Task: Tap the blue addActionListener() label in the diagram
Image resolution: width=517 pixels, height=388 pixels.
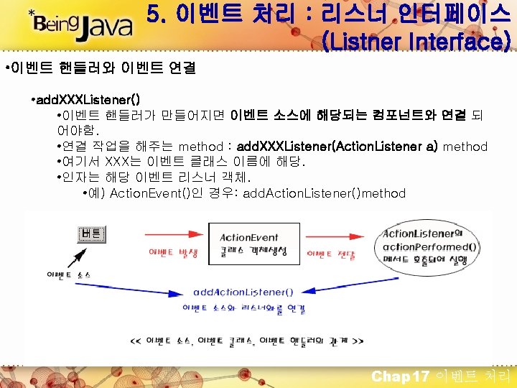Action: click(x=243, y=292)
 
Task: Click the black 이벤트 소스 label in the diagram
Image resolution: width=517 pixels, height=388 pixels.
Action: click(x=65, y=274)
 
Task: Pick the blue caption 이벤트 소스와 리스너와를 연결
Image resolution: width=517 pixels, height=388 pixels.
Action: click(x=244, y=309)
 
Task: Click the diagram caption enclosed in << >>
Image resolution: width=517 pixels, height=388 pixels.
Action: click(x=246, y=340)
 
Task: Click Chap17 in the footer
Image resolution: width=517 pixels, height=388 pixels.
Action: click(x=400, y=376)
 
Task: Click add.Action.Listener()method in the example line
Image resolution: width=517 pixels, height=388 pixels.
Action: click(x=325, y=193)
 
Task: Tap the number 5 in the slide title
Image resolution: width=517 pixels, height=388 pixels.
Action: click(x=153, y=14)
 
